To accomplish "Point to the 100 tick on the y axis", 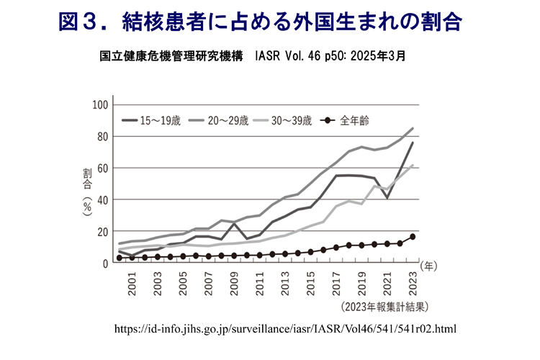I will point(99,105).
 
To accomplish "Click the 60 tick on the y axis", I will point(102,168).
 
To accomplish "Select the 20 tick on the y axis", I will point(102,232).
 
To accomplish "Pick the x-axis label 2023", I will point(413,284).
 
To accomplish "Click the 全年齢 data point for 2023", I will point(413,237).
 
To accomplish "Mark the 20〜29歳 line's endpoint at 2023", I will point(413,129).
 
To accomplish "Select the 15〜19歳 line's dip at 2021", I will point(388,197).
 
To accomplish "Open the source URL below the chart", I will point(286,328).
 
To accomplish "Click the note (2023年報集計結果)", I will point(386,307).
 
